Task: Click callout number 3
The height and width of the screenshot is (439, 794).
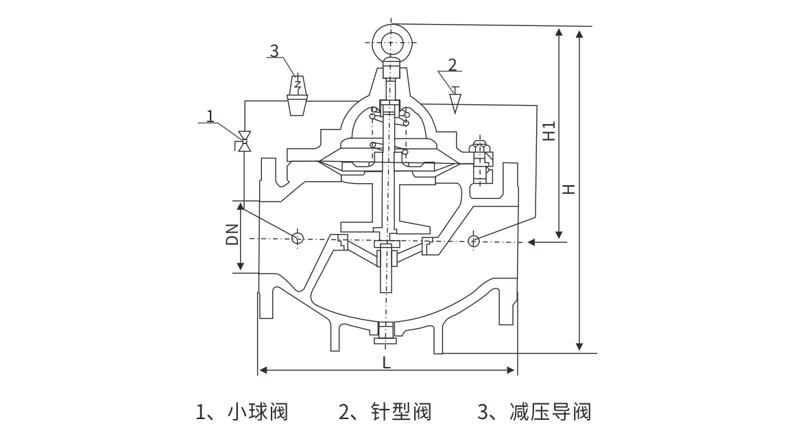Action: coord(274,51)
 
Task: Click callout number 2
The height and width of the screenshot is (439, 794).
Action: coord(452,65)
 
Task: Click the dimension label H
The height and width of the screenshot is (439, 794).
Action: coord(568,188)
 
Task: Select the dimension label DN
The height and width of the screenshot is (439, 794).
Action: coord(232,235)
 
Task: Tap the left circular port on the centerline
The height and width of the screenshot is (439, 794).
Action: coord(298,239)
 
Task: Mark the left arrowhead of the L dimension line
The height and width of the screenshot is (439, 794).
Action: coord(262,371)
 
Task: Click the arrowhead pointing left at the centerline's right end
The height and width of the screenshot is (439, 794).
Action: coord(533,242)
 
